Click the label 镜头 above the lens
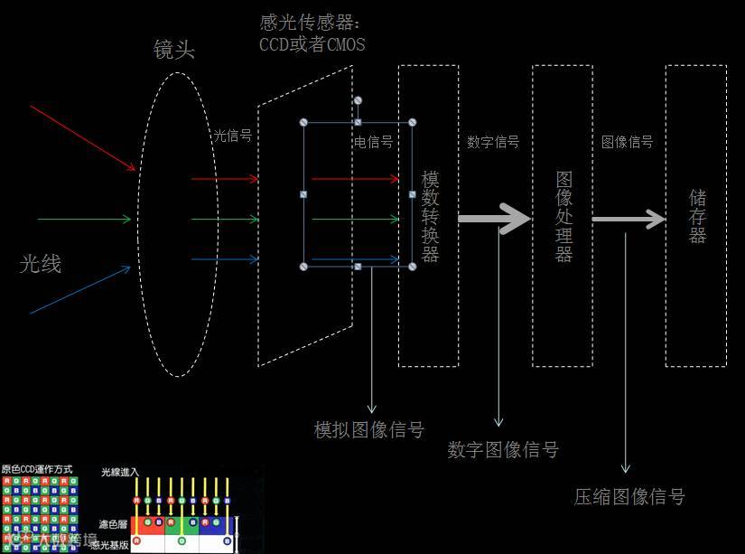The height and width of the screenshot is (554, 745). pyautogui.click(x=174, y=50)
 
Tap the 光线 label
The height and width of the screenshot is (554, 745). pyautogui.click(x=41, y=264)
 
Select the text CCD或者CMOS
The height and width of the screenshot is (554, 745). pyautogui.click(x=312, y=43)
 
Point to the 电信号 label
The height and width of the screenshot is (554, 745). pyautogui.click(x=373, y=142)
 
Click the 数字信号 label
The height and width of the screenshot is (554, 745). pyautogui.click(x=493, y=142)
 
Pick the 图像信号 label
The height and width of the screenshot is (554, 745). pyautogui.click(x=627, y=142)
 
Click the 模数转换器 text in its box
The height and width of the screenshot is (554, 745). pyautogui.click(x=430, y=216)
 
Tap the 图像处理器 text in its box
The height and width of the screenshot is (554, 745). pyautogui.click(x=563, y=216)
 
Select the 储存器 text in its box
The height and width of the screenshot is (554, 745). pyautogui.click(x=697, y=216)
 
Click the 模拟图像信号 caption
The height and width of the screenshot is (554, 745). pyautogui.click(x=368, y=429)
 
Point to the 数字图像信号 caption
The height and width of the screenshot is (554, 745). pyautogui.click(x=503, y=449)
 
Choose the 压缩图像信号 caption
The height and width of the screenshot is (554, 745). pyautogui.click(x=629, y=496)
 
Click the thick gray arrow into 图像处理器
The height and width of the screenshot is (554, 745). pyautogui.click(x=494, y=218)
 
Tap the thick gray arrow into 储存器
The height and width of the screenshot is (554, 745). pyautogui.click(x=629, y=219)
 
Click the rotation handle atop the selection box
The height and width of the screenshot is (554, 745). pyautogui.click(x=358, y=100)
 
